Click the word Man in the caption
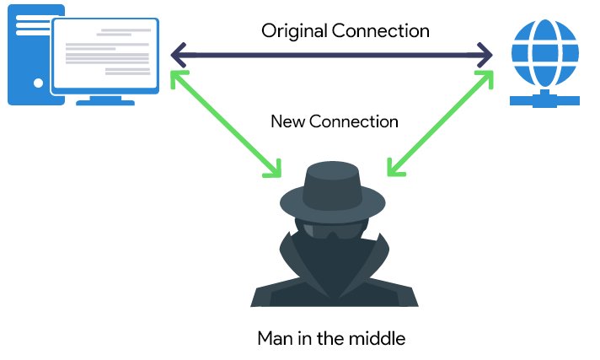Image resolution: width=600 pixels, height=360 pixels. tap(275, 339)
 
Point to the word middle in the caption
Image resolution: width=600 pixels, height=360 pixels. tap(380, 339)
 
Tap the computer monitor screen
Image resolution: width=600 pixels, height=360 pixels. tap(105, 55)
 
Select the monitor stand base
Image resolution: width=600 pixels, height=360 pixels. tap(105, 100)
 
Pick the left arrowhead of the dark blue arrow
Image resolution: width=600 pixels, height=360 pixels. tap(176, 56)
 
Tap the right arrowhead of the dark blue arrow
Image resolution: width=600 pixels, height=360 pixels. tap(487, 56)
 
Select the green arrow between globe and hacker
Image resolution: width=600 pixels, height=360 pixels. tap(440, 123)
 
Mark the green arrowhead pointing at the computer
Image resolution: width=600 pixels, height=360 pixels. tap(177, 77)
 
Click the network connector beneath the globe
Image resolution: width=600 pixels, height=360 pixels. tap(545, 99)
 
